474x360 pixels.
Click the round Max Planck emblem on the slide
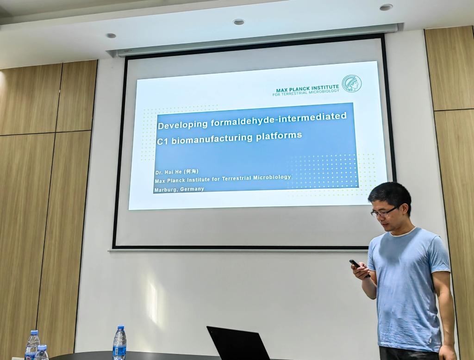point(351,83)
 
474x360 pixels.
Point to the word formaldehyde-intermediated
point(278,118)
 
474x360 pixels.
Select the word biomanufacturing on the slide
point(212,139)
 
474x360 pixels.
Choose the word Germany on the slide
point(192,189)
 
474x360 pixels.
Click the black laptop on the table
point(237,343)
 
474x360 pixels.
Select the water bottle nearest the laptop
point(119,342)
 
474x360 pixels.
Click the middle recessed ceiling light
point(238,22)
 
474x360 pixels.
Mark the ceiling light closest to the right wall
point(386,7)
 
